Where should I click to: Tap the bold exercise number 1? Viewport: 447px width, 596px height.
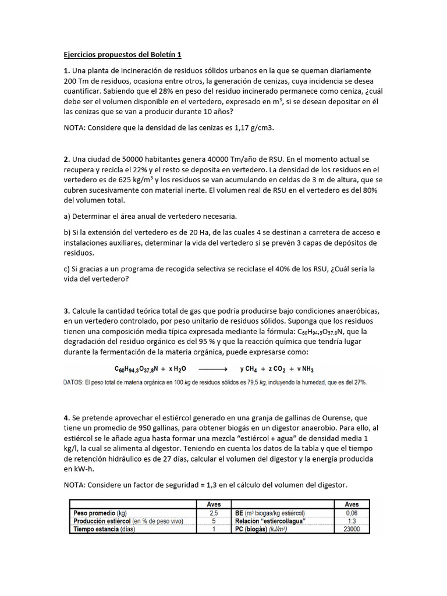click(x=66, y=70)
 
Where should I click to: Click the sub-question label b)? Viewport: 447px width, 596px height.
click(x=67, y=233)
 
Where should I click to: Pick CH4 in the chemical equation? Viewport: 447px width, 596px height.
click(x=255, y=369)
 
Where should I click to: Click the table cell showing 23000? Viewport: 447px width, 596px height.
click(x=352, y=529)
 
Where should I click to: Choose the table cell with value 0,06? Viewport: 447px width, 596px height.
click(x=352, y=513)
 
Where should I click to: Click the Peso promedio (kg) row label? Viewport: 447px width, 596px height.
click(x=100, y=513)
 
